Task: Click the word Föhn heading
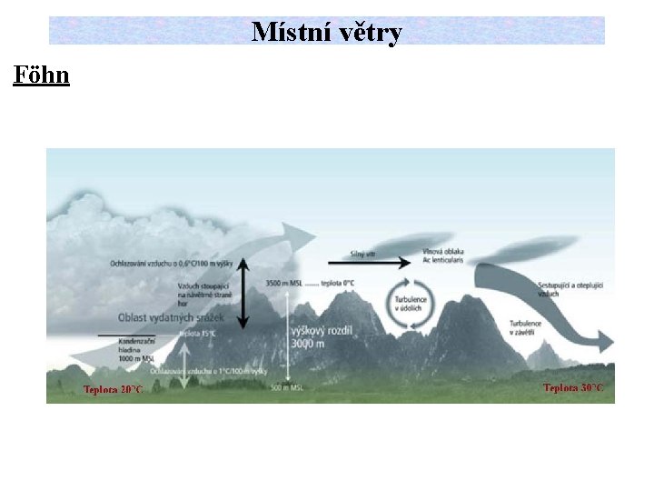tap(41, 75)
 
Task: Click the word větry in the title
tap(370, 33)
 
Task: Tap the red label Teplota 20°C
tap(113, 390)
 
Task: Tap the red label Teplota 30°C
tap(573, 388)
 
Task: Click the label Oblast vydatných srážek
tap(171, 317)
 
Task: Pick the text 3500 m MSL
tap(284, 284)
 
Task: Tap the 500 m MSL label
tap(287, 388)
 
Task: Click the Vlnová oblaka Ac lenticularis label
tap(444, 256)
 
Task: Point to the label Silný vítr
tap(363, 254)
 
